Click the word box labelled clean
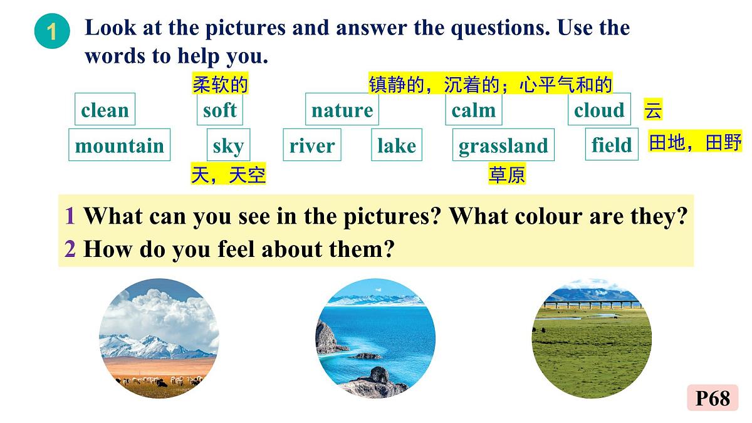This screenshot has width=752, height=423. [105, 110]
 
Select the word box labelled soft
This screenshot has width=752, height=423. [219, 110]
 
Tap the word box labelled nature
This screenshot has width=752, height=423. [342, 110]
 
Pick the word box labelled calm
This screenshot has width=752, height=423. [473, 110]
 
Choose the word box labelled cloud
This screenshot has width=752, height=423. [599, 110]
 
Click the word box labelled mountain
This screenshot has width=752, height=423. [119, 145]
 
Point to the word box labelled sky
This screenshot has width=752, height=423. [228, 145]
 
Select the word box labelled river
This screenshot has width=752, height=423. [312, 145]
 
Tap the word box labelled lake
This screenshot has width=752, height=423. [397, 145]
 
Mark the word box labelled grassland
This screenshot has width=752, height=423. [503, 145]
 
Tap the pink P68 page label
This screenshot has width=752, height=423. [713, 398]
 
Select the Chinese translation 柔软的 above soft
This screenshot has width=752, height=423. [220, 85]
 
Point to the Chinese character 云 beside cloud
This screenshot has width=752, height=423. [653, 111]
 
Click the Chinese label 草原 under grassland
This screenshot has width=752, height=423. [507, 175]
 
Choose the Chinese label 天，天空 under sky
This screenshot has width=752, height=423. [228, 175]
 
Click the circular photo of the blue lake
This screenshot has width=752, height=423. [375, 338]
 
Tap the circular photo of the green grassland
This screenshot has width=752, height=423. [592, 338]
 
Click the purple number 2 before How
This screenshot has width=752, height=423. [70, 249]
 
